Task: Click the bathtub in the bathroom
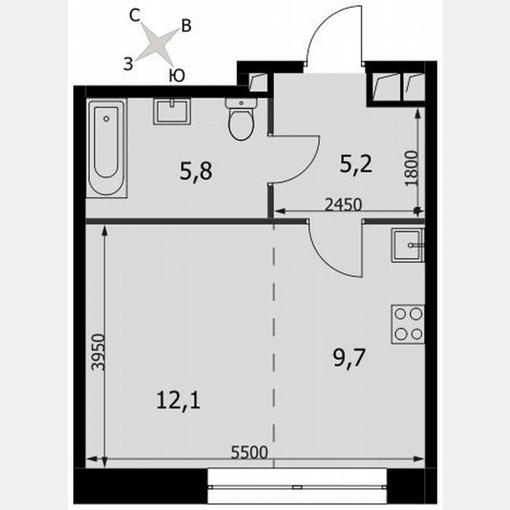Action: click(x=107, y=148)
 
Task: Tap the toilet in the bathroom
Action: click(x=241, y=120)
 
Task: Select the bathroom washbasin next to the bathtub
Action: click(x=172, y=111)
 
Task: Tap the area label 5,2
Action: click(x=355, y=165)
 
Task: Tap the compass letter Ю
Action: click(x=176, y=75)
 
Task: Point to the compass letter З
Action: click(x=127, y=64)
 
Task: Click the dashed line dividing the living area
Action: click(x=273, y=342)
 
